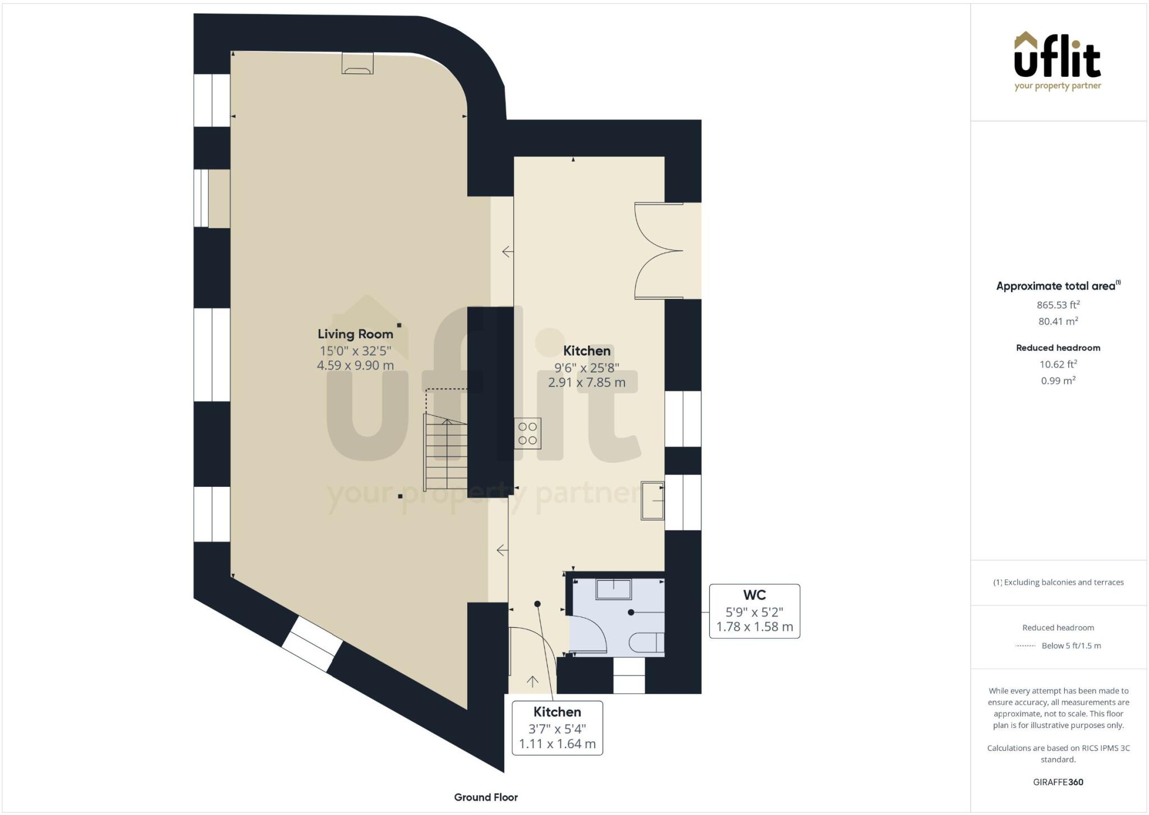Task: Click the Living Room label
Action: tap(355, 334)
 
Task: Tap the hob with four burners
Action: tap(527, 434)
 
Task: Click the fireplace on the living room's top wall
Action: tap(357, 63)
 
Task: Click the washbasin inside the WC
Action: tap(614, 590)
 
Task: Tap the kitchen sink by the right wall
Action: tap(652, 500)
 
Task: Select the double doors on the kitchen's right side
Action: tap(659, 251)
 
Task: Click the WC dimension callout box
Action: tap(755, 611)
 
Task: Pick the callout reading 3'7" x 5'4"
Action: tap(557, 728)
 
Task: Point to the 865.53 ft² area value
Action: tap(1058, 305)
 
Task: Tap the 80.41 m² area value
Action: tap(1058, 321)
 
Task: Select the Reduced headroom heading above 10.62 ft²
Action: tap(1058, 348)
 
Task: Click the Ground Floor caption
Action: tap(486, 797)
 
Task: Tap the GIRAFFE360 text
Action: tap(1058, 782)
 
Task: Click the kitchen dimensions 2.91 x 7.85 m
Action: tap(587, 383)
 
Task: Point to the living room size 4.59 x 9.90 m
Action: tap(355, 366)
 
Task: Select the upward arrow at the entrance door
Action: tap(532, 682)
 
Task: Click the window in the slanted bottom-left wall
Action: tap(312, 644)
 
